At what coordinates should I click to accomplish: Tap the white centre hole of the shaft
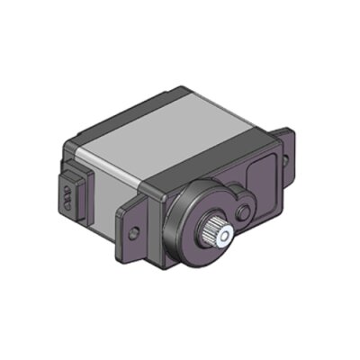pyautogui.click(x=224, y=235)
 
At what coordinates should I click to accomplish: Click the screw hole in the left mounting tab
pyautogui.click(x=134, y=233)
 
